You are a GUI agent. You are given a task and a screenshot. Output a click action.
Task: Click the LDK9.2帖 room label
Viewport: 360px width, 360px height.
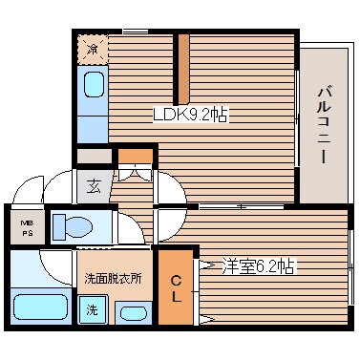coord(192,115)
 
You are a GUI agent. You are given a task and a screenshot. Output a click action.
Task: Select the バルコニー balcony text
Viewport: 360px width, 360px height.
coord(324,122)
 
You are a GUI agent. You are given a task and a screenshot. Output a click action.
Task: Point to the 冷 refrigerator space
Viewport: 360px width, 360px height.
coord(93,49)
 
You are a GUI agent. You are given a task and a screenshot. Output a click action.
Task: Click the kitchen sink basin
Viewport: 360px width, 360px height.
coord(92,87)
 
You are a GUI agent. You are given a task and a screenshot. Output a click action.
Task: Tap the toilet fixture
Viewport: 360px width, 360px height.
coord(71,225)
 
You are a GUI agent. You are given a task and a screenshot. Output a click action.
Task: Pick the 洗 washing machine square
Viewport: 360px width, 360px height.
coord(92,309)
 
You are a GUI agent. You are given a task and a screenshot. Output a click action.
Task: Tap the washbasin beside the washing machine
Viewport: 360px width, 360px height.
coord(131,311)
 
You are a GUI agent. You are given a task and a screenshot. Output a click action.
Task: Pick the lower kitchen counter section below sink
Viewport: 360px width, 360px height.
coord(92,124)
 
